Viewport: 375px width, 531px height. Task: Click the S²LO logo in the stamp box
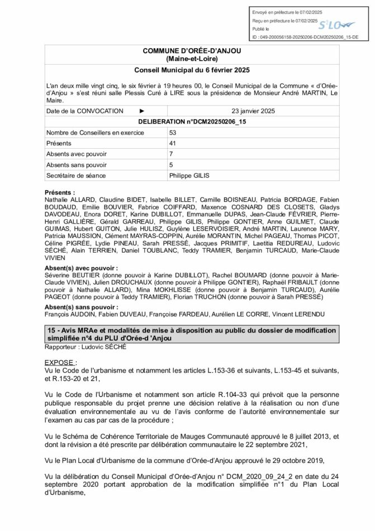tap(339, 23)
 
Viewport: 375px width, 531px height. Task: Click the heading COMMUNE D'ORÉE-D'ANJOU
tap(192, 51)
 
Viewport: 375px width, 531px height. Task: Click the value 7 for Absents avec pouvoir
tap(171, 154)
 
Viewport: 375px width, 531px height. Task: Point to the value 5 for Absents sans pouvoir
tap(171, 164)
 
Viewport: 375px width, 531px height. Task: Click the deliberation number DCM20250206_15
tap(192, 121)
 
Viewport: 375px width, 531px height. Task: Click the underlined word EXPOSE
tap(60, 362)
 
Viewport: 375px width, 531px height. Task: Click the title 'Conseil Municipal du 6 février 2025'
tap(192, 70)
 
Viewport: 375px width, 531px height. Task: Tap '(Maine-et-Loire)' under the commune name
tap(192, 59)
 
